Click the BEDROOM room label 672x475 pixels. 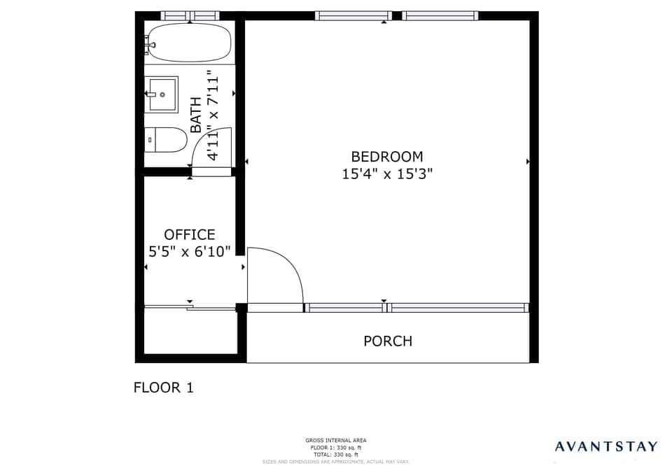pyautogui.click(x=386, y=157)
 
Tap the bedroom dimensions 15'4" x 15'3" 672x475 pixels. pyautogui.click(x=386, y=174)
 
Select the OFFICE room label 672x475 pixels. pyautogui.click(x=189, y=235)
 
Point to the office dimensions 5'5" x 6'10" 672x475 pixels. pyautogui.click(x=189, y=252)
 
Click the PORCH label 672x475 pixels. pyautogui.click(x=388, y=341)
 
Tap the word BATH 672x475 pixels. pyautogui.click(x=197, y=115)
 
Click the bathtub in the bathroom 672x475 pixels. pyautogui.click(x=190, y=43)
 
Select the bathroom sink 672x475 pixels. pyautogui.click(x=162, y=94)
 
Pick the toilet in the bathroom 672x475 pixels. pyautogui.click(x=165, y=140)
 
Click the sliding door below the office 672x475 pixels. pyautogui.click(x=190, y=307)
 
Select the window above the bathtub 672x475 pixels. pyautogui.click(x=190, y=15)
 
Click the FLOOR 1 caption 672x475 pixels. pyautogui.click(x=163, y=388)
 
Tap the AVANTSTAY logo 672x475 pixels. pyautogui.click(x=606, y=446)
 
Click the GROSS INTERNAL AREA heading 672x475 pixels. pyautogui.click(x=335, y=441)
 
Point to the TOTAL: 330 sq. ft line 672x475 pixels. pyautogui.click(x=335, y=455)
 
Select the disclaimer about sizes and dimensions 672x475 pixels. pyautogui.click(x=335, y=462)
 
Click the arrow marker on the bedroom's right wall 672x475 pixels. pyautogui.click(x=527, y=162)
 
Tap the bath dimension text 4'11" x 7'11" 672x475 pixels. pyautogui.click(x=215, y=115)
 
